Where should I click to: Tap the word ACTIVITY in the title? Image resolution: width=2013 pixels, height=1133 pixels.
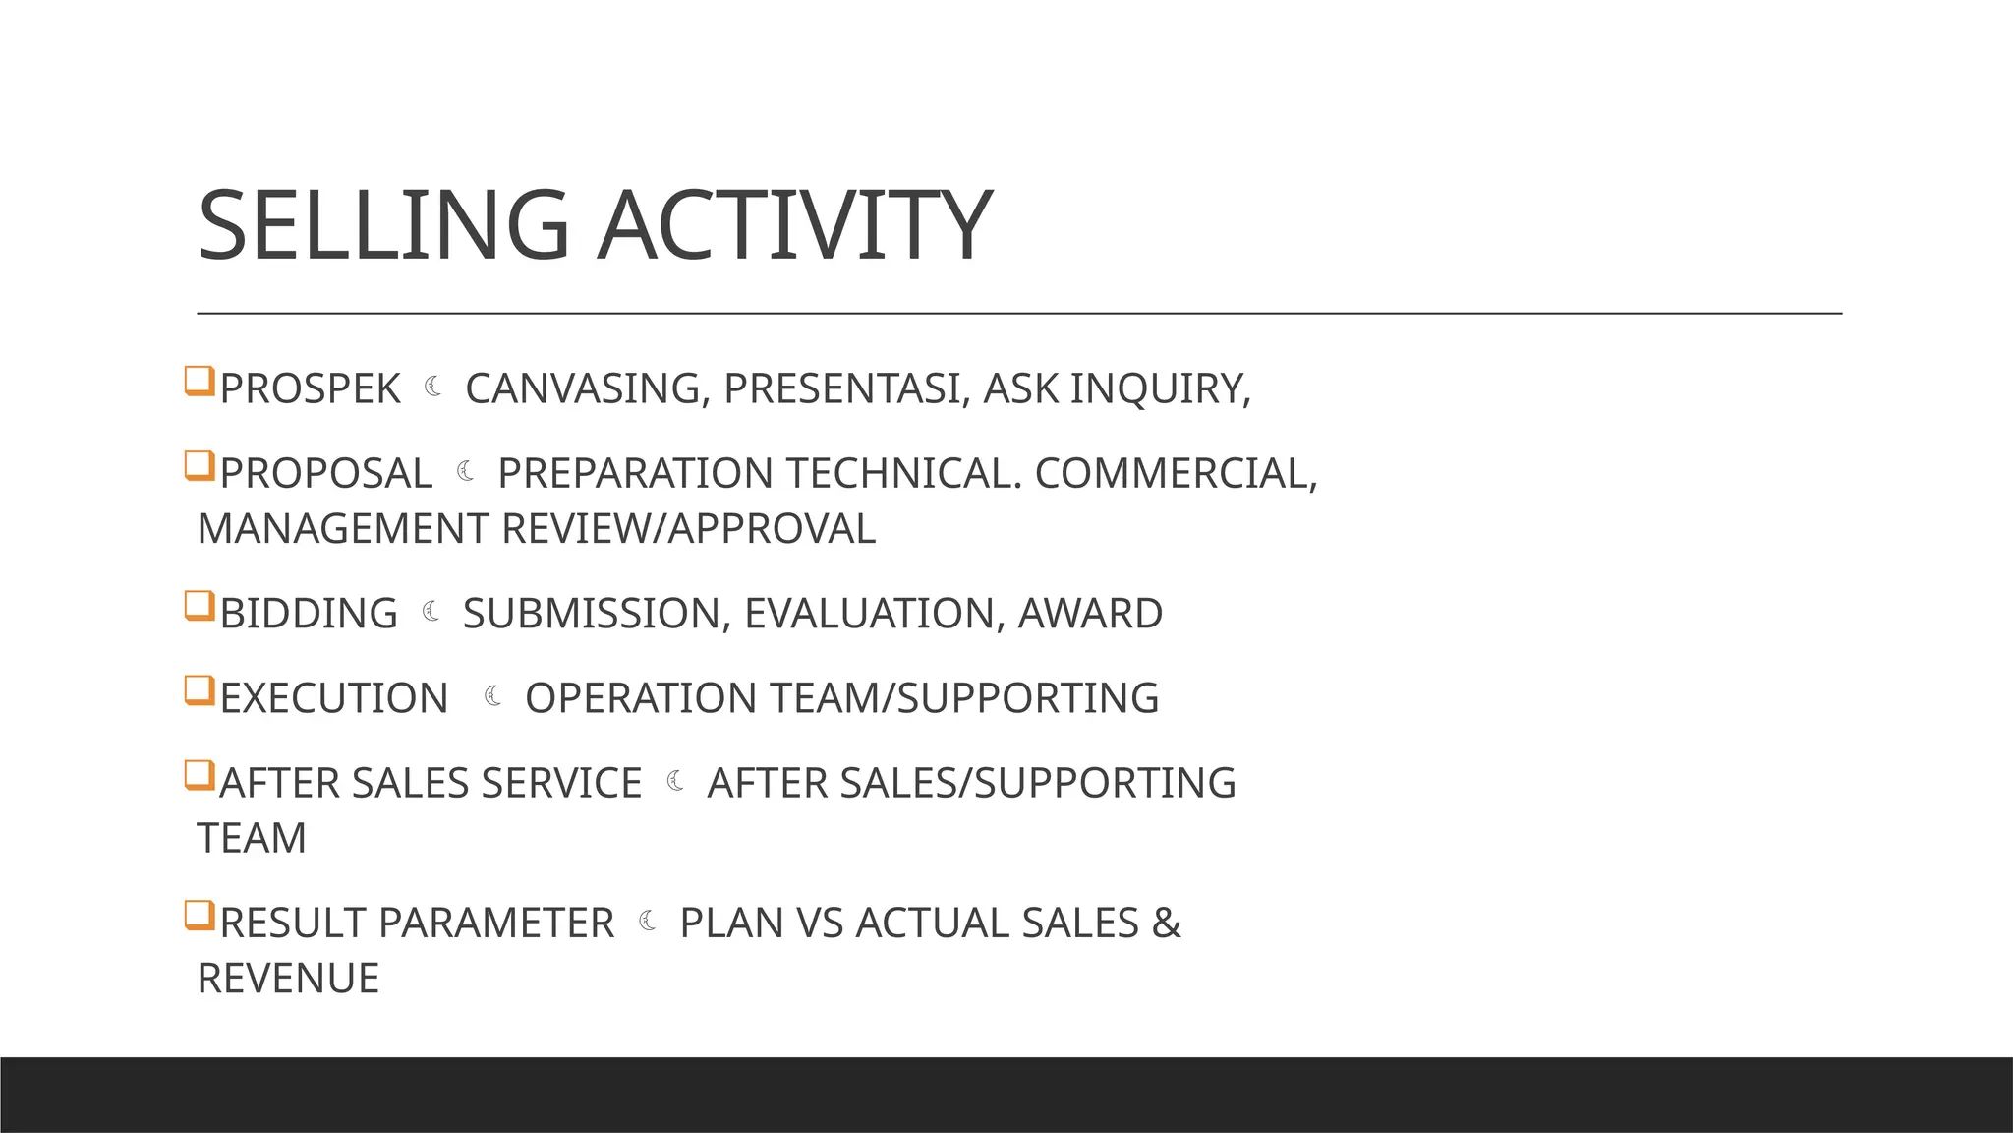click(794, 225)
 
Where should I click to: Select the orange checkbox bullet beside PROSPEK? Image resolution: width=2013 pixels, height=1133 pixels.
click(200, 381)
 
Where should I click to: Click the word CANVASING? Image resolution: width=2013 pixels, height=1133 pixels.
click(582, 388)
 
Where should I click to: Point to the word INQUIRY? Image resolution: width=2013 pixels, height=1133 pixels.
click(1160, 388)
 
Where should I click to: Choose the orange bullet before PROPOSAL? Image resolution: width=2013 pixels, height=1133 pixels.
click(200, 465)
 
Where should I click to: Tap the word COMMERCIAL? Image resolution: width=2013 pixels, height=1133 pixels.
click(1176, 473)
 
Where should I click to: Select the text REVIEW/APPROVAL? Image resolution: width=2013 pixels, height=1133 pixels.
click(688, 529)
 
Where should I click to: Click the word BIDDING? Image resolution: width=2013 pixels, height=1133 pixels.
click(309, 614)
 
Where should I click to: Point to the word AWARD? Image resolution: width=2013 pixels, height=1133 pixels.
click(1090, 614)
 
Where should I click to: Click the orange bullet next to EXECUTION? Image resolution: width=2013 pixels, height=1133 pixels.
click(200, 690)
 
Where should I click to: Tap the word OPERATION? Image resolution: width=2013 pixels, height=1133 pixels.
click(641, 698)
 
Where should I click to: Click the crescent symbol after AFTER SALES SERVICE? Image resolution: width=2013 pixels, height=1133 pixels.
click(675, 782)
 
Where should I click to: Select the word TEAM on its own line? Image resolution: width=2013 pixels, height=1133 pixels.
click(252, 839)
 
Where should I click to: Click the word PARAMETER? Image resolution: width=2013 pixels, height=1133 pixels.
click(495, 924)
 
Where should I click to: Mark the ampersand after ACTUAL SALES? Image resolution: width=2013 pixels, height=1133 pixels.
click(1166, 924)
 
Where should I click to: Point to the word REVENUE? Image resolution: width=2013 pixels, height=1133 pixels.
click(288, 979)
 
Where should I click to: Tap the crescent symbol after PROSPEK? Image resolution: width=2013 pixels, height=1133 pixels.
click(433, 388)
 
